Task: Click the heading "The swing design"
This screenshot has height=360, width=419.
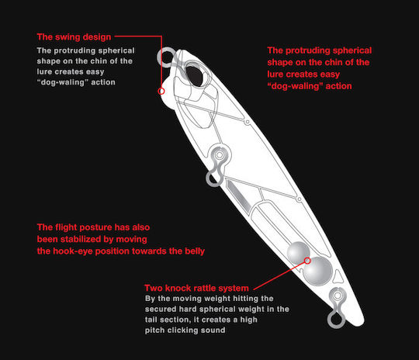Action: (x=74, y=37)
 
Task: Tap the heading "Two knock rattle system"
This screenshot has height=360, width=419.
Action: (x=196, y=288)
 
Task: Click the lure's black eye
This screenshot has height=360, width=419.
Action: (x=194, y=76)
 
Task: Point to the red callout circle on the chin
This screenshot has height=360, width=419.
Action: (x=161, y=91)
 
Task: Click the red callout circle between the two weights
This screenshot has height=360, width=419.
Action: (x=307, y=261)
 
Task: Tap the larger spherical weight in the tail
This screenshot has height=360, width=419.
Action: (x=317, y=272)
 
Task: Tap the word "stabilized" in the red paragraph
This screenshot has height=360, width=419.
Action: (x=81, y=239)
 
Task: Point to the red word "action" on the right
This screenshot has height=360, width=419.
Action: (x=338, y=86)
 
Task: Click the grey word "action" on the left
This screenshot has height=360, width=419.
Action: (x=103, y=82)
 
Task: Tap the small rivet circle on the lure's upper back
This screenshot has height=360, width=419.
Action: (x=248, y=122)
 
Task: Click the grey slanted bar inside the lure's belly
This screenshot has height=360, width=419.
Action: (x=238, y=196)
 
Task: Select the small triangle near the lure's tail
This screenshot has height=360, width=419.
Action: (x=338, y=276)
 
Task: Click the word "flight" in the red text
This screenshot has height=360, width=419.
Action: (x=66, y=227)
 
